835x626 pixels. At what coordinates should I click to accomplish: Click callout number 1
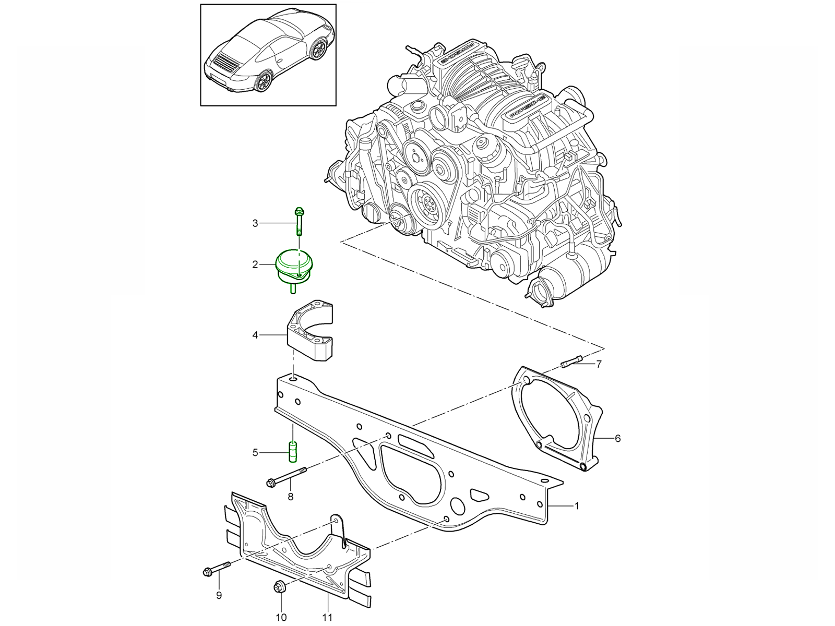(577, 505)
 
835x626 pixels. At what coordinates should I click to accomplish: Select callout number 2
(255, 264)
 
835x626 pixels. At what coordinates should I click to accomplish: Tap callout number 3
(255, 223)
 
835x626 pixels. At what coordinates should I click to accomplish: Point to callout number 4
(255, 335)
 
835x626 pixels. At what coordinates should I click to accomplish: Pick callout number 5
(255, 452)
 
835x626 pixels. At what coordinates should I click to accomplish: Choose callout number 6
(618, 438)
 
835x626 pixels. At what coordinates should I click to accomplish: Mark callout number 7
(599, 364)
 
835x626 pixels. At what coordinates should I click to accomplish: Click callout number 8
(290, 497)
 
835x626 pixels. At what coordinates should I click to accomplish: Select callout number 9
(219, 595)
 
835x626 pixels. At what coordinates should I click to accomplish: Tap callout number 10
(281, 618)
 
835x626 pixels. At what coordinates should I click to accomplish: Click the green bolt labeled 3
(299, 222)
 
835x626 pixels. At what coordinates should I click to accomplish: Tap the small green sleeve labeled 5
(293, 452)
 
